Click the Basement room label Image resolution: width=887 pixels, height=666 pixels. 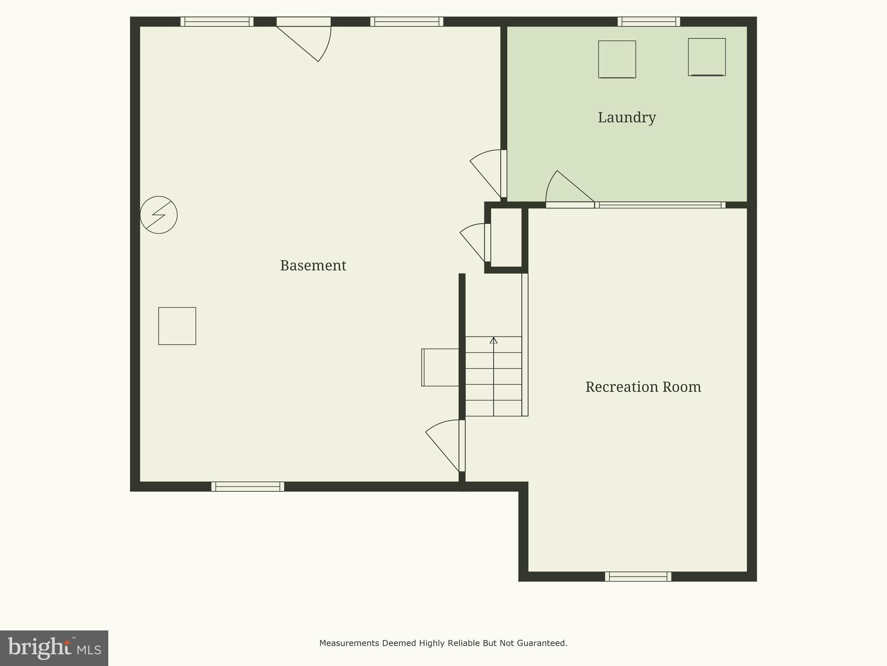click(x=313, y=265)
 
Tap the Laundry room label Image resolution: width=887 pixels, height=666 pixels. click(x=627, y=118)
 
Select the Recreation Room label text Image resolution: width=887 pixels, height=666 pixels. click(x=643, y=387)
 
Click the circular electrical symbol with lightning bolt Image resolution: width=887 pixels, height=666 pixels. click(x=159, y=215)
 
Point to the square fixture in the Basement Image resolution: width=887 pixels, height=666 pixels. click(x=177, y=326)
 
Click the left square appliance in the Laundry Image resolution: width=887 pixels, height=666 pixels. click(x=617, y=59)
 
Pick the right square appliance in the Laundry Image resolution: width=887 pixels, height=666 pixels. click(x=706, y=57)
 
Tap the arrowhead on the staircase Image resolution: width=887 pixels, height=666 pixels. click(x=493, y=340)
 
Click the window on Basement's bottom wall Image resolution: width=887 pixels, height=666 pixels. click(x=247, y=486)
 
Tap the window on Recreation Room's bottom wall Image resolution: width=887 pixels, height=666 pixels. click(x=638, y=577)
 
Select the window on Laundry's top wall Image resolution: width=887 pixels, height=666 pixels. click(x=648, y=22)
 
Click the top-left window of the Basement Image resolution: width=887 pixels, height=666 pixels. click(x=217, y=22)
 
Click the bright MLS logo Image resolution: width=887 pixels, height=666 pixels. click(x=54, y=648)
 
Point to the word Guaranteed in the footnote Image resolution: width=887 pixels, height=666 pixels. click(x=544, y=643)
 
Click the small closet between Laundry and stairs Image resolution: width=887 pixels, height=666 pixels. click(x=506, y=238)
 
